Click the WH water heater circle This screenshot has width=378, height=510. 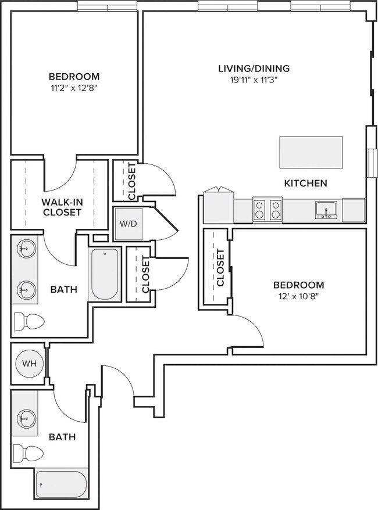click(27, 364)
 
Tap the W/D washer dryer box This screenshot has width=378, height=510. click(127, 224)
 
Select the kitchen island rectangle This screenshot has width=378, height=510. click(311, 152)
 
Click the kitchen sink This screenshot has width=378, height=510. click(326, 209)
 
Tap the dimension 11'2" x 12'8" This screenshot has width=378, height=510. click(74, 88)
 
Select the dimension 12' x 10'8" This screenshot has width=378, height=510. click(298, 296)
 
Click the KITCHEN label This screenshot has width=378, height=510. click(305, 183)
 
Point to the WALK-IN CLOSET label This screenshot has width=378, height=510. click(61, 207)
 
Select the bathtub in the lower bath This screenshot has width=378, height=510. click(61, 482)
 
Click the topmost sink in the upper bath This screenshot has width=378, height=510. click(25, 251)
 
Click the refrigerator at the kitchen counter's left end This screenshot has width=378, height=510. click(218, 206)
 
